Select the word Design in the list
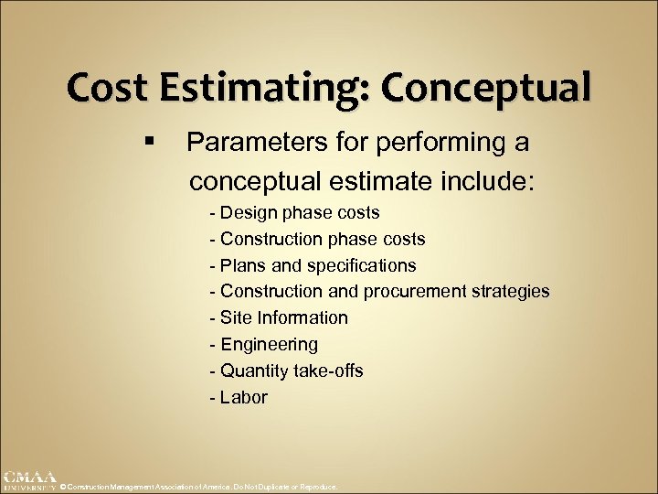(x=248, y=213)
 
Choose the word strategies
(x=513, y=292)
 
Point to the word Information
(x=302, y=318)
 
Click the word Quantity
(x=254, y=371)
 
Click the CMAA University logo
(x=28, y=481)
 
